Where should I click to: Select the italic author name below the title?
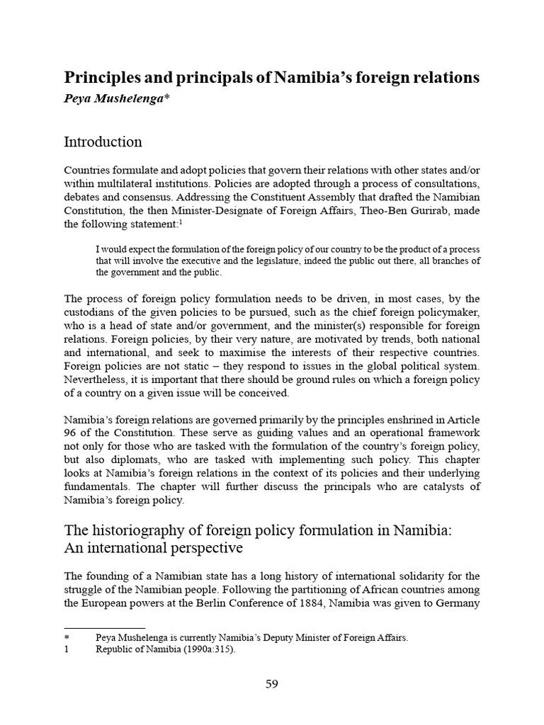(118, 98)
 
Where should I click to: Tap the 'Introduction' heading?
(103, 142)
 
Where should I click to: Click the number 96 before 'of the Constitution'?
(72, 433)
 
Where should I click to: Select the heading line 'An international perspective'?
(153, 549)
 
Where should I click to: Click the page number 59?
(272, 684)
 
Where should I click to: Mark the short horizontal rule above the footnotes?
(104, 627)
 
